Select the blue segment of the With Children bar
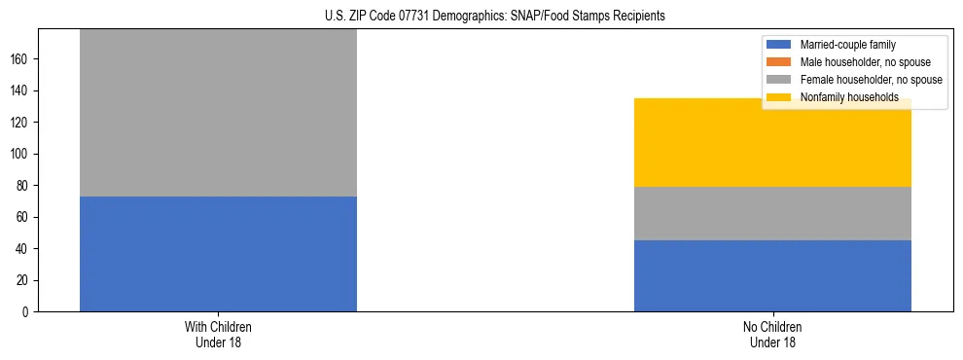pyautogui.click(x=218, y=254)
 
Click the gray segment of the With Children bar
pyautogui.click(x=218, y=113)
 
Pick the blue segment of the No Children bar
pyautogui.click(x=772, y=275)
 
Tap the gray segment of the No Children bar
pyautogui.click(x=772, y=213)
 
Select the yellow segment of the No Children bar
pyautogui.click(x=772, y=142)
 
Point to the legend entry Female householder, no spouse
pyautogui.click(x=871, y=80)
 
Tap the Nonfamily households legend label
pyautogui.click(x=849, y=97)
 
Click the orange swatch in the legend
pyautogui.click(x=780, y=62)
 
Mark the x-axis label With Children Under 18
pyautogui.click(x=218, y=334)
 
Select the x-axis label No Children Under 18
pyautogui.click(x=772, y=334)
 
